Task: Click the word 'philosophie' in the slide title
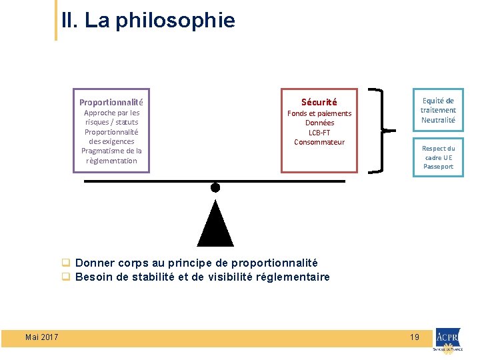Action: pos(175,21)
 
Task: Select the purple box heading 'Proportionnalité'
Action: pos(111,103)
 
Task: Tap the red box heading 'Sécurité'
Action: pos(319,103)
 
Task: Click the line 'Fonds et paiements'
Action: pos(319,113)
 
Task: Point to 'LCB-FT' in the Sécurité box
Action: pos(319,133)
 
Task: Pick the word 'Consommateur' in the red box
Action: pos(319,142)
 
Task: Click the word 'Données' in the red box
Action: pos(319,123)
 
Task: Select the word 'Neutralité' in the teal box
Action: pos(438,120)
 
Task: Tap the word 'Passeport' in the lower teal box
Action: pos(438,167)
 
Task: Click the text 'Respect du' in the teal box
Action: pos(438,149)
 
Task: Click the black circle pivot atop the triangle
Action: pos(215,187)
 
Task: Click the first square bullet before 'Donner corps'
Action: pos(66,263)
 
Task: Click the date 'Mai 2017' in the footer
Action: pos(41,337)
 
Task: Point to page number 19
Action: pos(415,337)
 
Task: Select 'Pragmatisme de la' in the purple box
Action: pos(111,151)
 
